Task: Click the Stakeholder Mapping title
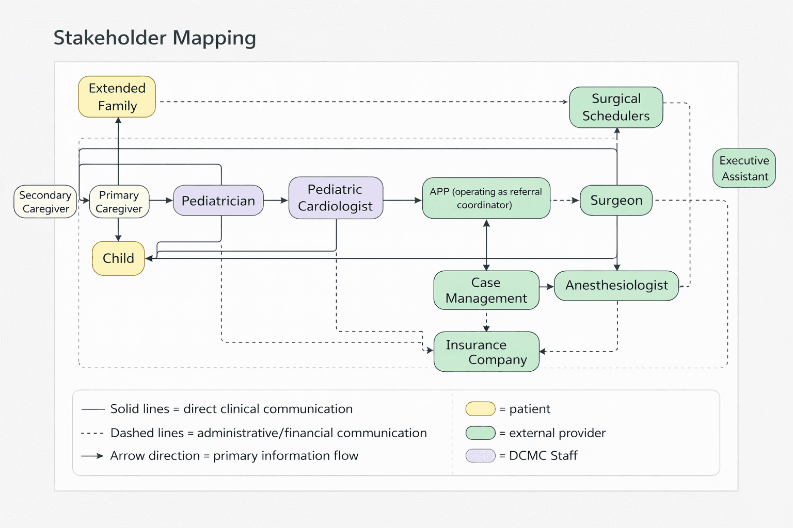pyautogui.click(x=155, y=38)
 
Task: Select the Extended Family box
pyautogui.click(x=117, y=97)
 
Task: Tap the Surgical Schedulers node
pyautogui.click(x=616, y=107)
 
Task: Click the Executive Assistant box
pyautogui.click(x=744, y=169)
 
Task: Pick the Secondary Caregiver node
pyautogui.click(x=45, y=202)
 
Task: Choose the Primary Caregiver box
pyautogui.click(x=119, y=202)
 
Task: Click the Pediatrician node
pyautogui.click(x=218, y=201)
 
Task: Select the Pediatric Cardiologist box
pyautogui.click(x=336, y=198)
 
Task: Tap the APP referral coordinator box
pyautogui.click(x=486, y=199)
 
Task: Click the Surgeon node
pyautogui.click(x=616, y=201)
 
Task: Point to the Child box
pyautogui.click(x=118, y=258)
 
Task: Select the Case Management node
pyautogui.click(x=486, y=290)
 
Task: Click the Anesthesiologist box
pyautogui.click(x=616, y=286)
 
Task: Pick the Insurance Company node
pyautogui.click(x=486, y=352)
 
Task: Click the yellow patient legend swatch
pyautogui.click(x=480, y=409)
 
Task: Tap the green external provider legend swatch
pyautogui.click(x=480, y=433)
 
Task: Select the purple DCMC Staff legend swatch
pyautogui.click(x=480, y=456)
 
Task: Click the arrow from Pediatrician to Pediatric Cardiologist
pyautogui.click(x=276, y=200)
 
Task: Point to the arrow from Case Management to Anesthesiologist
pyautogui.click(x=547, y=286)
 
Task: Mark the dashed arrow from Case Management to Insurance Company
pyautogui.click(x=486, y=321)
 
